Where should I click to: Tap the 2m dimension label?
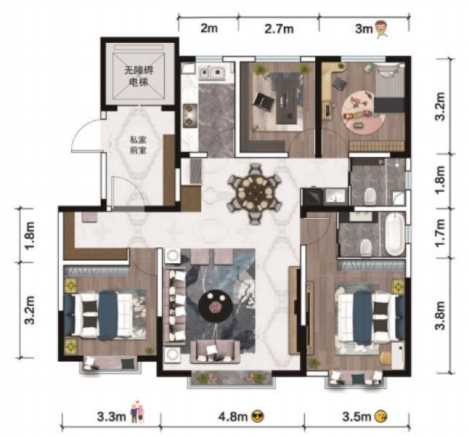(208, 29)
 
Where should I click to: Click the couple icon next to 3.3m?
(136, 415)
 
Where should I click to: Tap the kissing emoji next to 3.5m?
(382, 416)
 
